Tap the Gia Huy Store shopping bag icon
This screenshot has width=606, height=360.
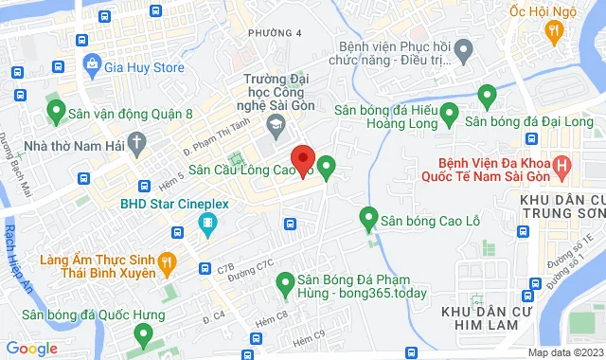tap(92, 65)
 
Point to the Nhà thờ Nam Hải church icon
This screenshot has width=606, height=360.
tap(138, 146)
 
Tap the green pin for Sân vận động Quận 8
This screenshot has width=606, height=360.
tap(55, 111)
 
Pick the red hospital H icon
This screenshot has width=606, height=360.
tap(563, 169)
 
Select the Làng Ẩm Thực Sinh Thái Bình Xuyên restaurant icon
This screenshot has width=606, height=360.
tap(166, 261)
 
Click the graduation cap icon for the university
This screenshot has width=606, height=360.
tap(275, 124)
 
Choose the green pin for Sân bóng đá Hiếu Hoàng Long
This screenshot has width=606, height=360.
tap(487, 95)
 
